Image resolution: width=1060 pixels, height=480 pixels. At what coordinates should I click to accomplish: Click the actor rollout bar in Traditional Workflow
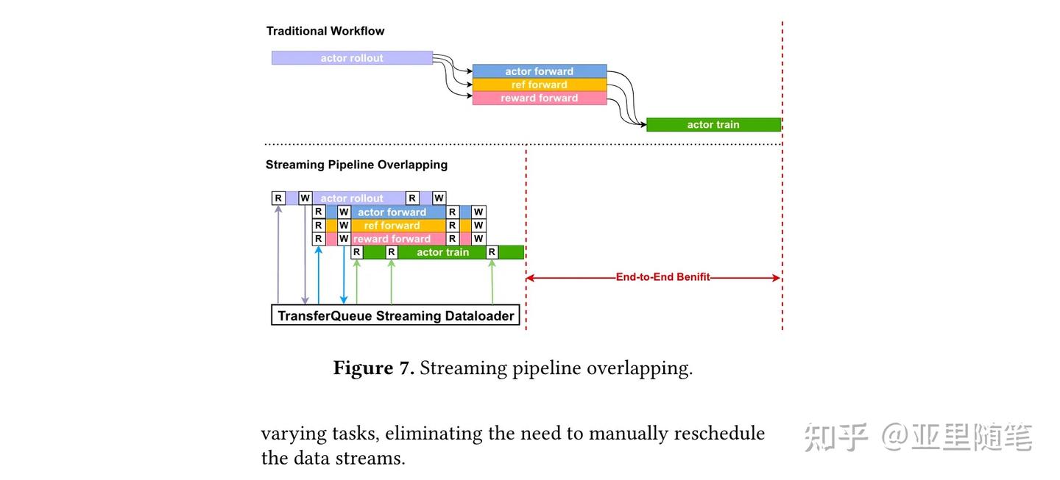352,58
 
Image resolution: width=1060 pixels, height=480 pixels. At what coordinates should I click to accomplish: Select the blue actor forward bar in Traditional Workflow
539,71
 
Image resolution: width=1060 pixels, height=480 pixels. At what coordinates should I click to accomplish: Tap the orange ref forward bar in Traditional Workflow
539,85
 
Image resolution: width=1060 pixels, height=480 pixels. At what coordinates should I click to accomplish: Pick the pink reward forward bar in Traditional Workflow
539,98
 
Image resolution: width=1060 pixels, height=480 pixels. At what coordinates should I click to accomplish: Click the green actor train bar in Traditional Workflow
713,125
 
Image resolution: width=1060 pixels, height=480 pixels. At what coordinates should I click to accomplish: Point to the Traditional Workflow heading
325,31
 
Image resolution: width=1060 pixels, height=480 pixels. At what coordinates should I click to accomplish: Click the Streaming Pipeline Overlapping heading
356,165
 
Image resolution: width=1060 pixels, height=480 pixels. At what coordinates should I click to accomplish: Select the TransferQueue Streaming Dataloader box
396,316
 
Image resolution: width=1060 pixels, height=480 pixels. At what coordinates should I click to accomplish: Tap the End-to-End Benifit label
662,278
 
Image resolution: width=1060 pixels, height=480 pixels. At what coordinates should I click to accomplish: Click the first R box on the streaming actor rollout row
278,198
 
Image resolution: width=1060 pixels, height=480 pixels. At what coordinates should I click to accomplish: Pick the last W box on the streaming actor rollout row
439,198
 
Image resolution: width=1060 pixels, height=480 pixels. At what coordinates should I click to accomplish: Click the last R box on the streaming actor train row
492,252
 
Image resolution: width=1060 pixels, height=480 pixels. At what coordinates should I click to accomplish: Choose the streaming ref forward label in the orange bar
392,226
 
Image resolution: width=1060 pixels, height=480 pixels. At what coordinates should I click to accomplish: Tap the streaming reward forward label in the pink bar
392,239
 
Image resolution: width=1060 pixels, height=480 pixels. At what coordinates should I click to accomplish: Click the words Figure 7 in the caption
374,368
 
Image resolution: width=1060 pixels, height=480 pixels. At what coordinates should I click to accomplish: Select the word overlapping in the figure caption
639,368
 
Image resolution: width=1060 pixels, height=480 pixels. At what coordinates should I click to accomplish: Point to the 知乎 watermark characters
835,437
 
